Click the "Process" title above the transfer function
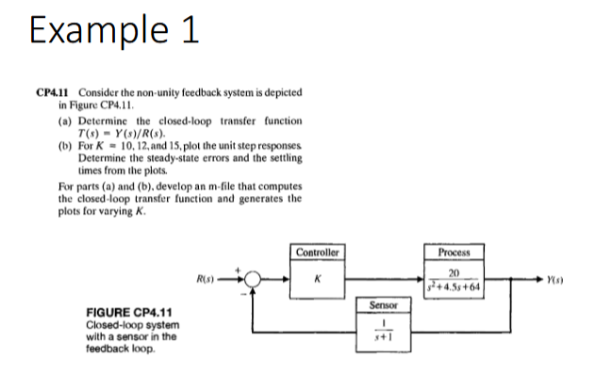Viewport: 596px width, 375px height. (455, 253)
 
